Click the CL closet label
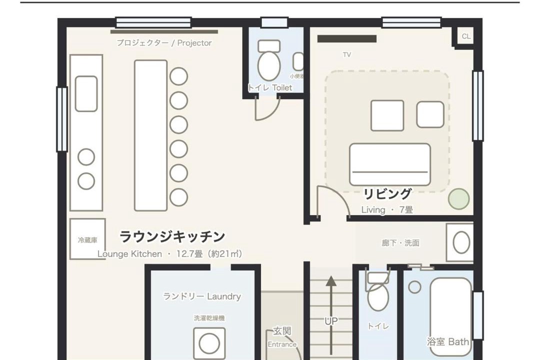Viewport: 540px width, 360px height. [466, 36]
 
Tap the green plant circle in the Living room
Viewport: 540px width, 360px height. [458, 199]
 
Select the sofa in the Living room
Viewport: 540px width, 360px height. [390, 164]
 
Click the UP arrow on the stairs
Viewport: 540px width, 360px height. [331, 315]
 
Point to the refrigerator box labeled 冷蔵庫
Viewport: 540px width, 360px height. [87, 238]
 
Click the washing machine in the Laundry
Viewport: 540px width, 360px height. [209, 343]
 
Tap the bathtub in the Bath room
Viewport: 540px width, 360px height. [450, 316]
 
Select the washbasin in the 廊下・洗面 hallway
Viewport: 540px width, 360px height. [461, 242]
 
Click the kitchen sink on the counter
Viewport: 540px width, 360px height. [86, 93]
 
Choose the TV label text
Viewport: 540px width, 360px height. [347, 54]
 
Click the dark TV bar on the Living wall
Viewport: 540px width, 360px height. [347, 38]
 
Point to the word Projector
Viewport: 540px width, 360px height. [194, 43]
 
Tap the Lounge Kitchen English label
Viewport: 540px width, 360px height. [129, 254]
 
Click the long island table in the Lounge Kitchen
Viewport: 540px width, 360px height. [151, 135]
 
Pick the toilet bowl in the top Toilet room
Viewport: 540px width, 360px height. [269, 66]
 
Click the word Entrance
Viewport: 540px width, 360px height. [282, 344]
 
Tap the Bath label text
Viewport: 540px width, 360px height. [458, 341]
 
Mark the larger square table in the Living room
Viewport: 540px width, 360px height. [387, 116]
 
